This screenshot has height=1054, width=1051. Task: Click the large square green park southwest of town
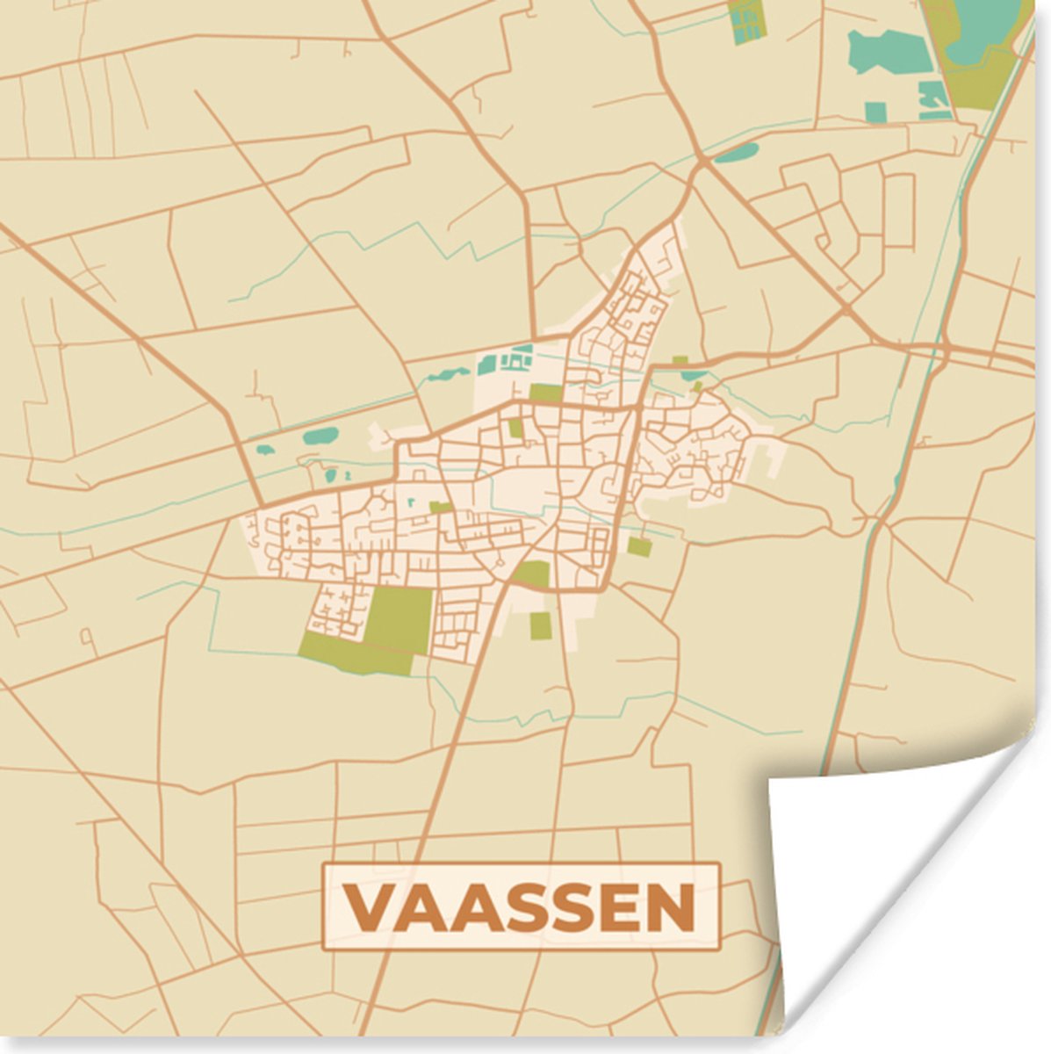[400, 619]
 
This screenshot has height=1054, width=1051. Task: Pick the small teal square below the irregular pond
[875, 112]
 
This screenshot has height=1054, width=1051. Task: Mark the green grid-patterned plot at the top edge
[746, 19]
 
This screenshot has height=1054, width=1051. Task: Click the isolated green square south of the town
[540, 624]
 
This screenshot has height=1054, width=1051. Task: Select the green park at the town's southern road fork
[533, 574]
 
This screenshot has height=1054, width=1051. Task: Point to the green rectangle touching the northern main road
[545, 393]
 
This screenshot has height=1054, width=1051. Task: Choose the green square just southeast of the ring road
[639, 546]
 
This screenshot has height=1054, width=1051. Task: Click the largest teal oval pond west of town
[320, 435]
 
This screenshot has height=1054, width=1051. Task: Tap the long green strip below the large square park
[356, 654]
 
